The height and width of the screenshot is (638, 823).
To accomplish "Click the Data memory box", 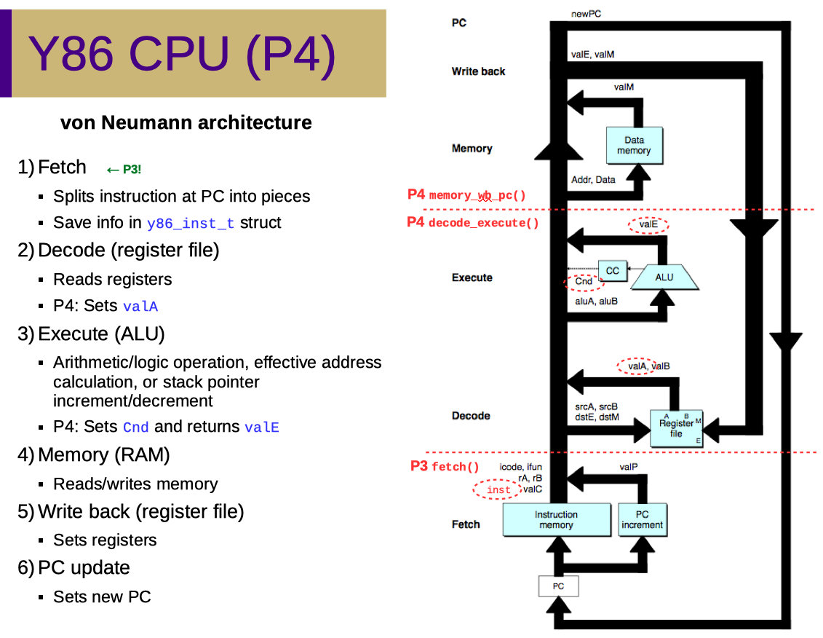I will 634,146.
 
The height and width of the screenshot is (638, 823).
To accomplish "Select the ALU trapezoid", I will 664,277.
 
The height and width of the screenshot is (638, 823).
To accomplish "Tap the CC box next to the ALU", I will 612,271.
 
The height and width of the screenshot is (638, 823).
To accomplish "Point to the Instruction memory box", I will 557,520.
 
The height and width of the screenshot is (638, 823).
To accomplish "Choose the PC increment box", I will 642,520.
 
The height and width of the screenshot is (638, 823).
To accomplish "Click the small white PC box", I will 558,586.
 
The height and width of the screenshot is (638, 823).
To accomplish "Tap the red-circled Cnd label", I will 584,281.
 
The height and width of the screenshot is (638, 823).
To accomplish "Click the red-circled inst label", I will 498,489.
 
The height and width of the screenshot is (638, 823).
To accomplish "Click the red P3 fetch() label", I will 445,467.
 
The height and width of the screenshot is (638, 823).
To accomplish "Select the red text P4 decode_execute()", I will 473,223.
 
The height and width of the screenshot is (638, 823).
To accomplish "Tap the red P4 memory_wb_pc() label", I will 466,195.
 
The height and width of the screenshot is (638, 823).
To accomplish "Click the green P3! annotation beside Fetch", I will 123,170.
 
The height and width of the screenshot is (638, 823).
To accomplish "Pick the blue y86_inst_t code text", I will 191,224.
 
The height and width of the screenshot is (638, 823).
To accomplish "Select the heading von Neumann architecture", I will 186,122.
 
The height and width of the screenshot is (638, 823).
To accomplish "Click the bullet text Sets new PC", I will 102,597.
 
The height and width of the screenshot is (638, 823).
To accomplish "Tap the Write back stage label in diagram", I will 478,71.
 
